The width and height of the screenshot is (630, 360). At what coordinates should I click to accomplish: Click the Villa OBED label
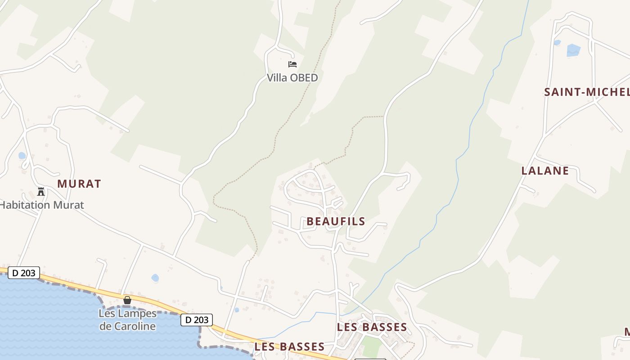292,78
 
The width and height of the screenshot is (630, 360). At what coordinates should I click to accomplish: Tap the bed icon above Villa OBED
292,64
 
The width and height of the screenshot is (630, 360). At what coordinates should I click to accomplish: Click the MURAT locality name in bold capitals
79,184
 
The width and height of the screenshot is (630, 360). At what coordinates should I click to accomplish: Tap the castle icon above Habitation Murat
41,192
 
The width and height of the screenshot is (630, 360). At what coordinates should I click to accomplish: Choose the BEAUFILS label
336,221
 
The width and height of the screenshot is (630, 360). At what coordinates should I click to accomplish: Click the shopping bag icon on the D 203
127,300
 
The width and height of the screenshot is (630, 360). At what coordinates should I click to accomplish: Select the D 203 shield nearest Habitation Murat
24,273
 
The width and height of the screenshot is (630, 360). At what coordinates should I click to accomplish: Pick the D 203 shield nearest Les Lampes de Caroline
197,320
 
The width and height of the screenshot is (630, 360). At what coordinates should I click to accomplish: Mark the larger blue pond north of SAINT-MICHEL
573,50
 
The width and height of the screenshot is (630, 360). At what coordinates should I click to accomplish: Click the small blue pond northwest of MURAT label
22,156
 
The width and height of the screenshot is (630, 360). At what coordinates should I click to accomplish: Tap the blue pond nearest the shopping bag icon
155,278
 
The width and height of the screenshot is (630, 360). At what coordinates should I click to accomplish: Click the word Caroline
127,326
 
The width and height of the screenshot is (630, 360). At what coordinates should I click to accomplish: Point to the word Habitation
25,205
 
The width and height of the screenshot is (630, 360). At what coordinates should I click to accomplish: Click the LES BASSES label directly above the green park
372,327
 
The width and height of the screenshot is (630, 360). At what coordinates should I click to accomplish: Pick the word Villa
277,78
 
